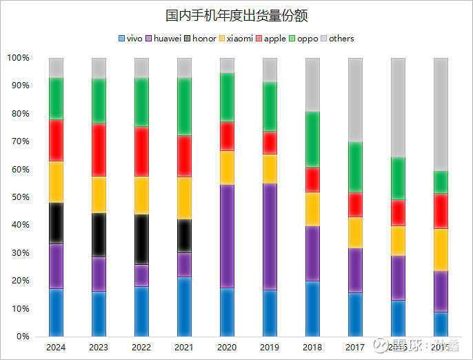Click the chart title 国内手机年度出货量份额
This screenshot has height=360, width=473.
pos(236,14)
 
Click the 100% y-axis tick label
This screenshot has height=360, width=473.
pos(18,58)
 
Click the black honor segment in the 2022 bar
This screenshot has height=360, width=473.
pos(142,239)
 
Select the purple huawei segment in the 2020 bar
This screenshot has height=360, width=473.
pos(227,236)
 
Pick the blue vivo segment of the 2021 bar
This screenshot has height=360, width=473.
pos(185,307)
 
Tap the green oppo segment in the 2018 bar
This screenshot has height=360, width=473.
pos(312,139)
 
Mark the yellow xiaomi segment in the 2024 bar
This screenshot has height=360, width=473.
pos(57,182)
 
